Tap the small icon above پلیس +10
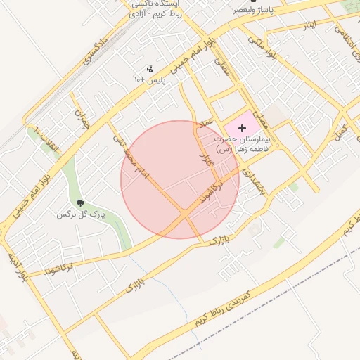tap(149, 69)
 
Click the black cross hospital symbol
tap(243, 128)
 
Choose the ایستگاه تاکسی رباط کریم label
tap(159, 8)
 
